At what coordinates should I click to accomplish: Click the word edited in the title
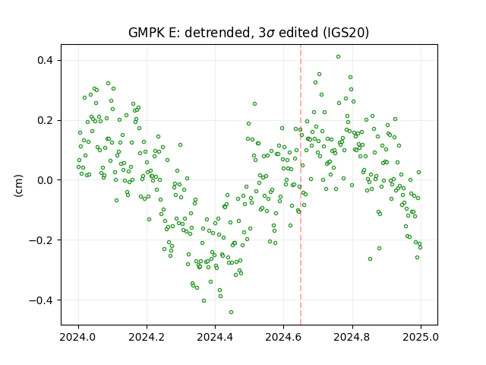coord(298,33)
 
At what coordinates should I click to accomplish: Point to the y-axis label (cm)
coord(18,186)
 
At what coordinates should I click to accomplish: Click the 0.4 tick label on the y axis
coord(46,60)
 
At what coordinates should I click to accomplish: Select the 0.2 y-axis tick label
coord(46,120)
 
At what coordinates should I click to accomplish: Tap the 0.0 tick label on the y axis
coord(46,180)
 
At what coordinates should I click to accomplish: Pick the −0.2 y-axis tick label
coord(41,240)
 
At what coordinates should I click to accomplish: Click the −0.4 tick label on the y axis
coord(41,300)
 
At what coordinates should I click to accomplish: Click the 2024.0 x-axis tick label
coord(78,337)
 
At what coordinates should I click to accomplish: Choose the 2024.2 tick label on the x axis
coord(147,337)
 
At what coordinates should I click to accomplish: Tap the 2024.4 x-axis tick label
coord(215,337)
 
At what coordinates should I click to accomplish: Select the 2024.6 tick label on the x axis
coord(283,337)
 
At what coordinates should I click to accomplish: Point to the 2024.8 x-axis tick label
coord(352,337)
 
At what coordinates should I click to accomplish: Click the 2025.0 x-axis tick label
coord(421,337)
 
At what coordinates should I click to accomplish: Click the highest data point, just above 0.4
coord(338,57)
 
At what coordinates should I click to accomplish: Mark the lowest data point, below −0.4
coord(231,313)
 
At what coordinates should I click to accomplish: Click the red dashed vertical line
coord(301,185)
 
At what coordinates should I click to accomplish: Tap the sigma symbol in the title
coord(270,33)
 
